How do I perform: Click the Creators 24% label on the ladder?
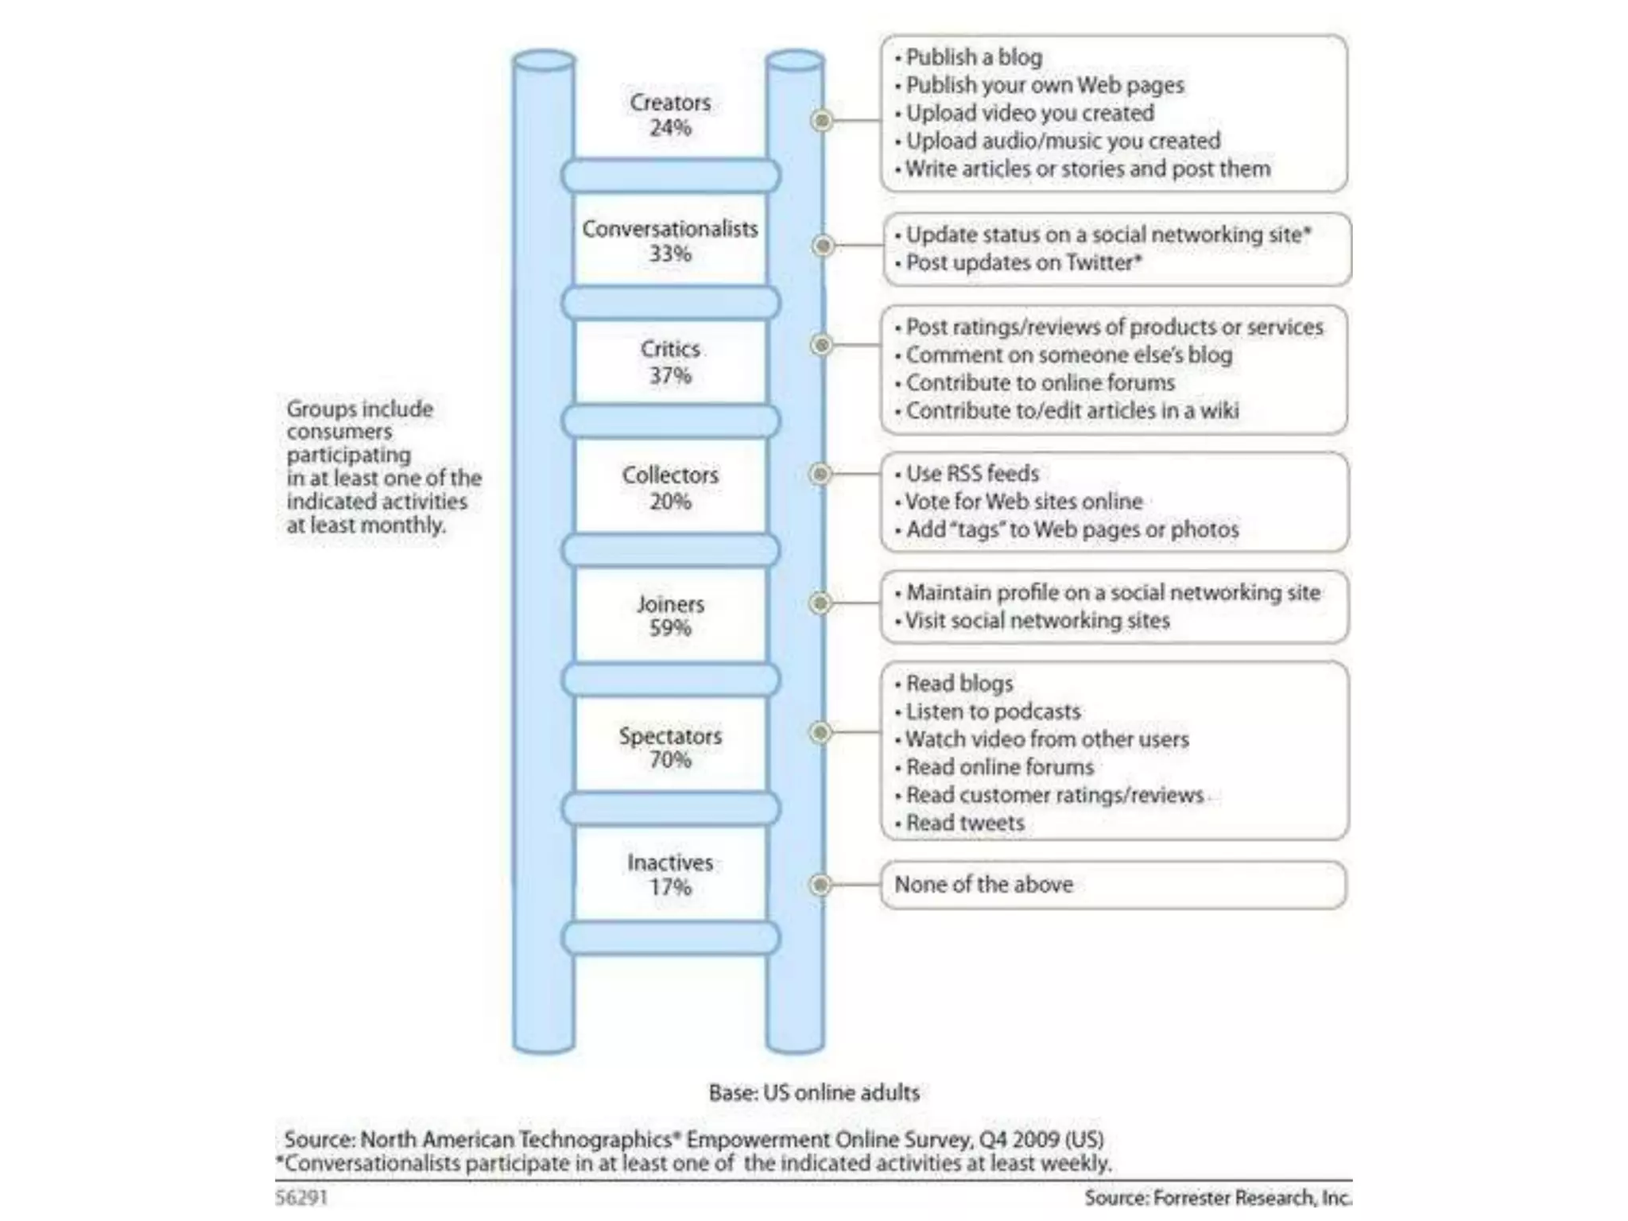point(670,114)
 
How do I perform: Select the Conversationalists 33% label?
point(670,241)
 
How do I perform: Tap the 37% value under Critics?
point(670,375)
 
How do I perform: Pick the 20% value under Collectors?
point(670,502)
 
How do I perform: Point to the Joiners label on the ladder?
point(670,604)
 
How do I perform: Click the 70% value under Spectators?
point(670,760)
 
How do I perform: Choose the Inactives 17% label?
point(670,874)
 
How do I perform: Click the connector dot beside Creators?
point(822,121)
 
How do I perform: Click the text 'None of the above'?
point(983,885)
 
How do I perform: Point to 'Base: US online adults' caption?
point(814,1093)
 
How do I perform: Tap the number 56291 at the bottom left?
point(301,1197)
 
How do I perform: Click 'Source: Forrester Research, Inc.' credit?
point(1217,1197)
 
